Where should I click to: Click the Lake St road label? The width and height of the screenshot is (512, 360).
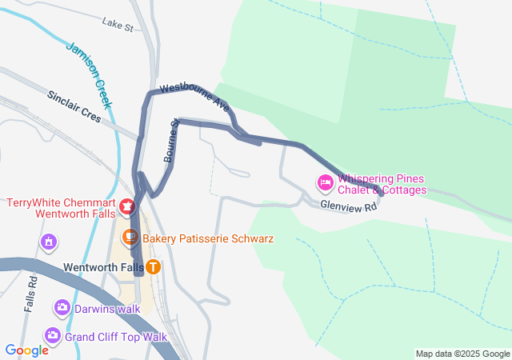click(x=118, y=26)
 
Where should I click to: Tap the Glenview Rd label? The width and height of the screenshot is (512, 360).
click(x=348, y=206)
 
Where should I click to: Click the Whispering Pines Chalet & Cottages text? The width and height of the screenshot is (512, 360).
click(x=382, y=185)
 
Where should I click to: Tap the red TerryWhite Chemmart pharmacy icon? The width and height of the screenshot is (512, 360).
click(x=126, y=206)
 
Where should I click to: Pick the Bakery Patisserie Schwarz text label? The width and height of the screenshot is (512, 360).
click(x=208, y=238)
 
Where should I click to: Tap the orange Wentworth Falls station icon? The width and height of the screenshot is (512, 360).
click(x=152, y=266)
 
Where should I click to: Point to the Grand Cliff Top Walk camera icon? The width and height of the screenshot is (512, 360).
click(x=53, y=335)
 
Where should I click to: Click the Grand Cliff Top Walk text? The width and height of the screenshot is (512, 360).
click(x=116, y=336)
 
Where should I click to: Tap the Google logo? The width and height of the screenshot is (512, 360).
click(x=26, y=350)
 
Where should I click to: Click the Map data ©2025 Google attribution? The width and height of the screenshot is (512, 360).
click(x=462, y=354)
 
